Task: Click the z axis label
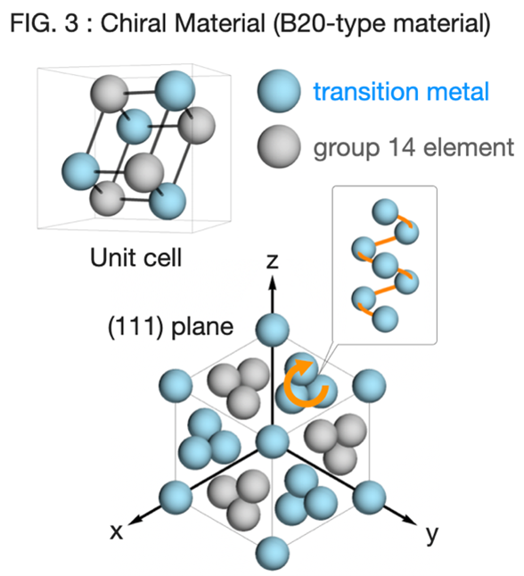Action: [x=272, y=261]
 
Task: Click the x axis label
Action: [x=117, y=531]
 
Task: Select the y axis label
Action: [x=432, y=534]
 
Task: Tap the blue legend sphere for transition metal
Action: [x=279, y=91]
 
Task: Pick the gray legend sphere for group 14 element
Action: [x=279, y=146]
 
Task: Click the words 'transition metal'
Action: [x=401, y=92]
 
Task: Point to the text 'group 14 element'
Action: [x=413, y=148]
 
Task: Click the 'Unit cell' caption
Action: [x=135, y=258]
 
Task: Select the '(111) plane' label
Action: [x=170, y=326]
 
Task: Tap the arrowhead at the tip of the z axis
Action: [x=272, y=283]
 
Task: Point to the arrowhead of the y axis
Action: [x=410, y=519]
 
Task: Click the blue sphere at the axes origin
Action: [x=272, y=441]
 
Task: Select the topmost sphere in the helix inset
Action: [x=385, y=212]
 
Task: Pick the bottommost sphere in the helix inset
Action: [x=385, y=319]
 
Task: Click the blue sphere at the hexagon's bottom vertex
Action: [x=272, y=553]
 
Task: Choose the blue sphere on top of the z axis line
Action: [x=272, y=330]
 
